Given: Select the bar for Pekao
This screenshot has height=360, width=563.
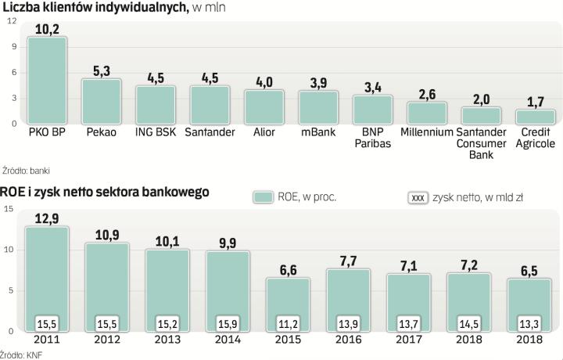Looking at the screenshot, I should click(102, 101).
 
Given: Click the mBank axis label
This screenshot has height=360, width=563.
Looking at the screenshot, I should click(318, 132).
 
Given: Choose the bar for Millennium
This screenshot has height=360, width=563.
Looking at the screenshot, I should click(426, 113).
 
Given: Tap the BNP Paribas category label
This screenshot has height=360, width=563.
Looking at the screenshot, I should click(372, 138).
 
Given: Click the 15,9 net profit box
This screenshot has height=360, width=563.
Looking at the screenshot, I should click(227, 322).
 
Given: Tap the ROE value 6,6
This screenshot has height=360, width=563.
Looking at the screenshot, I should click(289, 270).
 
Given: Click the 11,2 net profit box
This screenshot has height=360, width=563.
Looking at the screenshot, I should click(289, 322).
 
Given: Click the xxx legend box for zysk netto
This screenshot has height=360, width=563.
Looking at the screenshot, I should click(418, 197).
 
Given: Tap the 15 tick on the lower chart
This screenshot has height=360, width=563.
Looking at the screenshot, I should click(8, 209).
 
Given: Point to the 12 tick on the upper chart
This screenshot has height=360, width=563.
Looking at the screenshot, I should click(11, 20).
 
